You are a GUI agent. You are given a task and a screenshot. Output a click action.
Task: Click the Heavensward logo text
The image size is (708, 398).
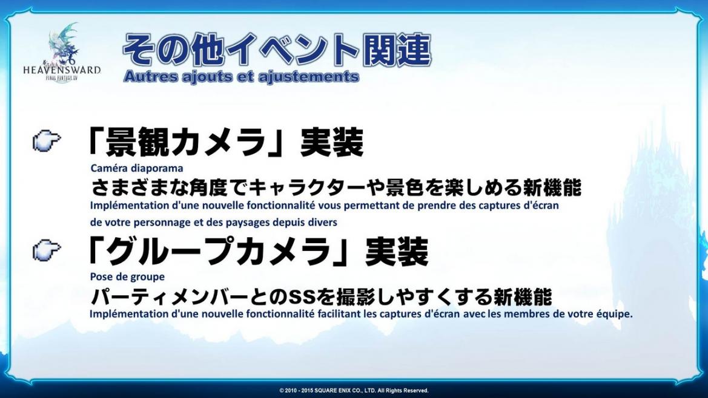tap(62, 70)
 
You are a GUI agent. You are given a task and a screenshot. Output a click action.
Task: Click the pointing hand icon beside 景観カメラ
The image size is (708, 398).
tap(47, 141)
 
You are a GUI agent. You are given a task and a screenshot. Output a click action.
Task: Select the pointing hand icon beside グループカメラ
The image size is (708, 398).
tap(47, 250)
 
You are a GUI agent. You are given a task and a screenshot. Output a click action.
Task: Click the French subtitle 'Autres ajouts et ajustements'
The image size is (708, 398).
tap(241, 77)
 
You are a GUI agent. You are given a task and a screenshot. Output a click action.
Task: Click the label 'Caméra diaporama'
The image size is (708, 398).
tap(137, 168)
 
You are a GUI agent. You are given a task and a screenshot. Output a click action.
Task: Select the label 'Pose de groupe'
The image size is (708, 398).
tap(127, 277)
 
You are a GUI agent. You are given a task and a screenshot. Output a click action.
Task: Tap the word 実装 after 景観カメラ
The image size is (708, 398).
tap(332, 142)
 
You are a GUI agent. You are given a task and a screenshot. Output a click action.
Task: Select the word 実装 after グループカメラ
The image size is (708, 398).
tap(397, 252)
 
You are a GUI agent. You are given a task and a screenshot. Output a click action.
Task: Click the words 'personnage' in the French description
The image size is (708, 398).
tap(161, 223)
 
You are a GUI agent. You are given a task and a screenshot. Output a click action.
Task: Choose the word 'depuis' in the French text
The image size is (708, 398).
tap(290, 223)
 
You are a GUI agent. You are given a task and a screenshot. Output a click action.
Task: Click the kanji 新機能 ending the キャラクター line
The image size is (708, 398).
tap(552, 188)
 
